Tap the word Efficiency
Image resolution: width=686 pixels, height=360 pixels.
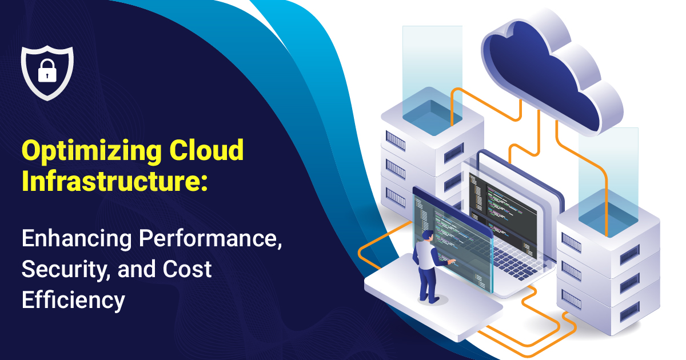click(x=73, y=299)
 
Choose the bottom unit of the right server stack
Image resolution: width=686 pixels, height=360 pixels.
click(x=606, y=306)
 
